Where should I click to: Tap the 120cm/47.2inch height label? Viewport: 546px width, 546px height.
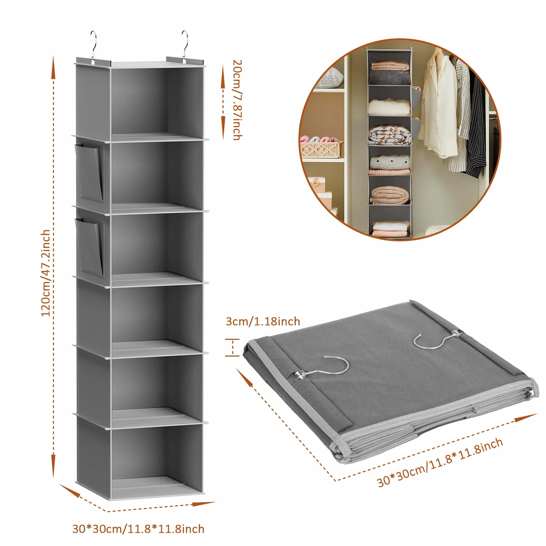(x=46, y=273)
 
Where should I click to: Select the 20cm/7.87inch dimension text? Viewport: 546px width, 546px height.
(x=237, y=100)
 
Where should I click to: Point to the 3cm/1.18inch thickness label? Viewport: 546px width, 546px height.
(x=263, y=321)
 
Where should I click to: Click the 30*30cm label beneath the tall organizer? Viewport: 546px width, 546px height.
(x=138, y=529)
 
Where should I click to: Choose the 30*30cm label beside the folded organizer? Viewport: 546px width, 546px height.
(x=440, y=462)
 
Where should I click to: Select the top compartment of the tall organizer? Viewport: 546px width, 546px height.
(x=157, y=101)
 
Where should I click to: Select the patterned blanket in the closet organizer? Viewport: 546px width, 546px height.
(x=389, y=136)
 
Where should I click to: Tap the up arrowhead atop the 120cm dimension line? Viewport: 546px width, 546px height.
(x=53, y=68)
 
